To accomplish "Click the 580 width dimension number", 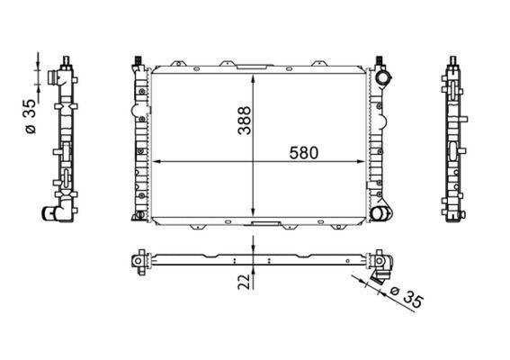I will (x=304, y=151).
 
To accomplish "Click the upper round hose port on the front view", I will (x=386, y=79).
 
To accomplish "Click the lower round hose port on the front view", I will (x=384, y=213).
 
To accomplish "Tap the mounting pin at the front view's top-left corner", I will (x=138, y=62).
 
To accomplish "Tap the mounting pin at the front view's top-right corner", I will (x=378, y=62).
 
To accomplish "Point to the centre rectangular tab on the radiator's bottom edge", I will (x=264, y=223).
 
